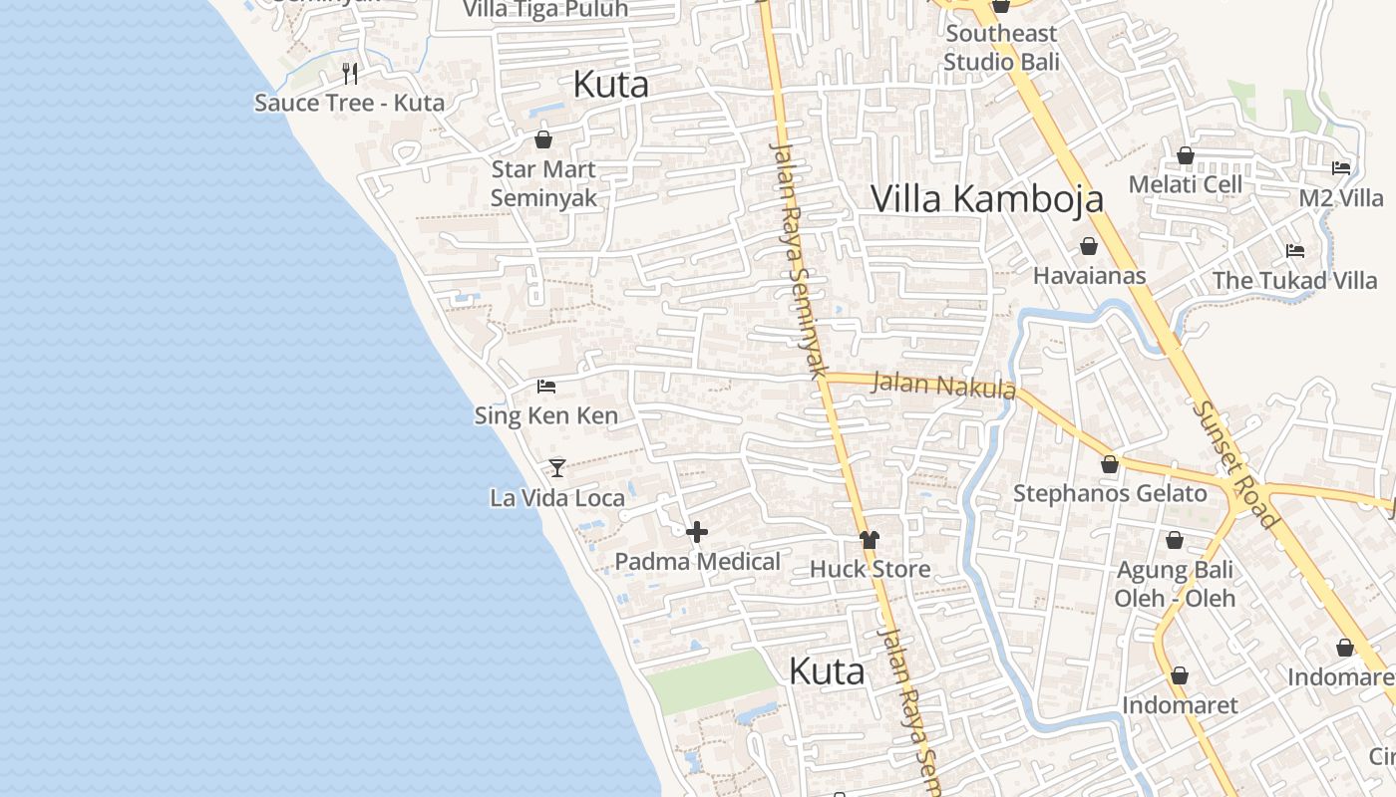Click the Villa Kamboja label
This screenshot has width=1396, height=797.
coord(987,198)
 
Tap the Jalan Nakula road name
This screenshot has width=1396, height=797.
coord(943,385)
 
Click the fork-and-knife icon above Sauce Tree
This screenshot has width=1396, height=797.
coord(350,73)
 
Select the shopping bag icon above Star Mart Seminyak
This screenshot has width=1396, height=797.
coord(543,139)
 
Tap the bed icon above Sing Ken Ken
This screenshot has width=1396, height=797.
coord(546,386)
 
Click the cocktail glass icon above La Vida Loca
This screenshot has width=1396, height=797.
coord(557,467)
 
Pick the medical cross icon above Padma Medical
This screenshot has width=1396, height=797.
coord(697,532)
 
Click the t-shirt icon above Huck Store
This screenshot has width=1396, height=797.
coord(870,539)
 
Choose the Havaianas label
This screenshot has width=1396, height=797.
coord(1090,275)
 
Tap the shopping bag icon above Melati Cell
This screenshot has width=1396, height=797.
coord(1186,155)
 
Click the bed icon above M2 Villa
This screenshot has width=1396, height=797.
coord(1341,168)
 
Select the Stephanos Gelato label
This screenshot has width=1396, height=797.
coord(1110,493)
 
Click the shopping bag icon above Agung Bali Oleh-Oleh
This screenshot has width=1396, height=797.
coord(1175,540)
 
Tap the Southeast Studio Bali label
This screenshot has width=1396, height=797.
coord(1001,47)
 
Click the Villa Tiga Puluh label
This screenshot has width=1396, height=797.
coord(546,10)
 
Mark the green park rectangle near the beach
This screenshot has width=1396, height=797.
coord(710,680)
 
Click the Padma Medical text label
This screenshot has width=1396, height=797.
coord(697,561)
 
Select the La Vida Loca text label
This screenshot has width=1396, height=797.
coord(557,497)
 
